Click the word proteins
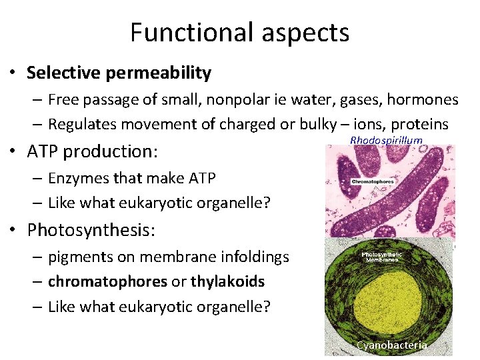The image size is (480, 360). tap(421, 124)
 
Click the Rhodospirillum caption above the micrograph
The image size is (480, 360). tap(386, 140)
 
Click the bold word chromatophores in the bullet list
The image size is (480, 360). tap(107, 282)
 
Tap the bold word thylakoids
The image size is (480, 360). tap(227, 282)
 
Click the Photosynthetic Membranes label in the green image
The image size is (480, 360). tap(381, 256)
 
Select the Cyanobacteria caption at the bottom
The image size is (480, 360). tap(391, 345)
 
